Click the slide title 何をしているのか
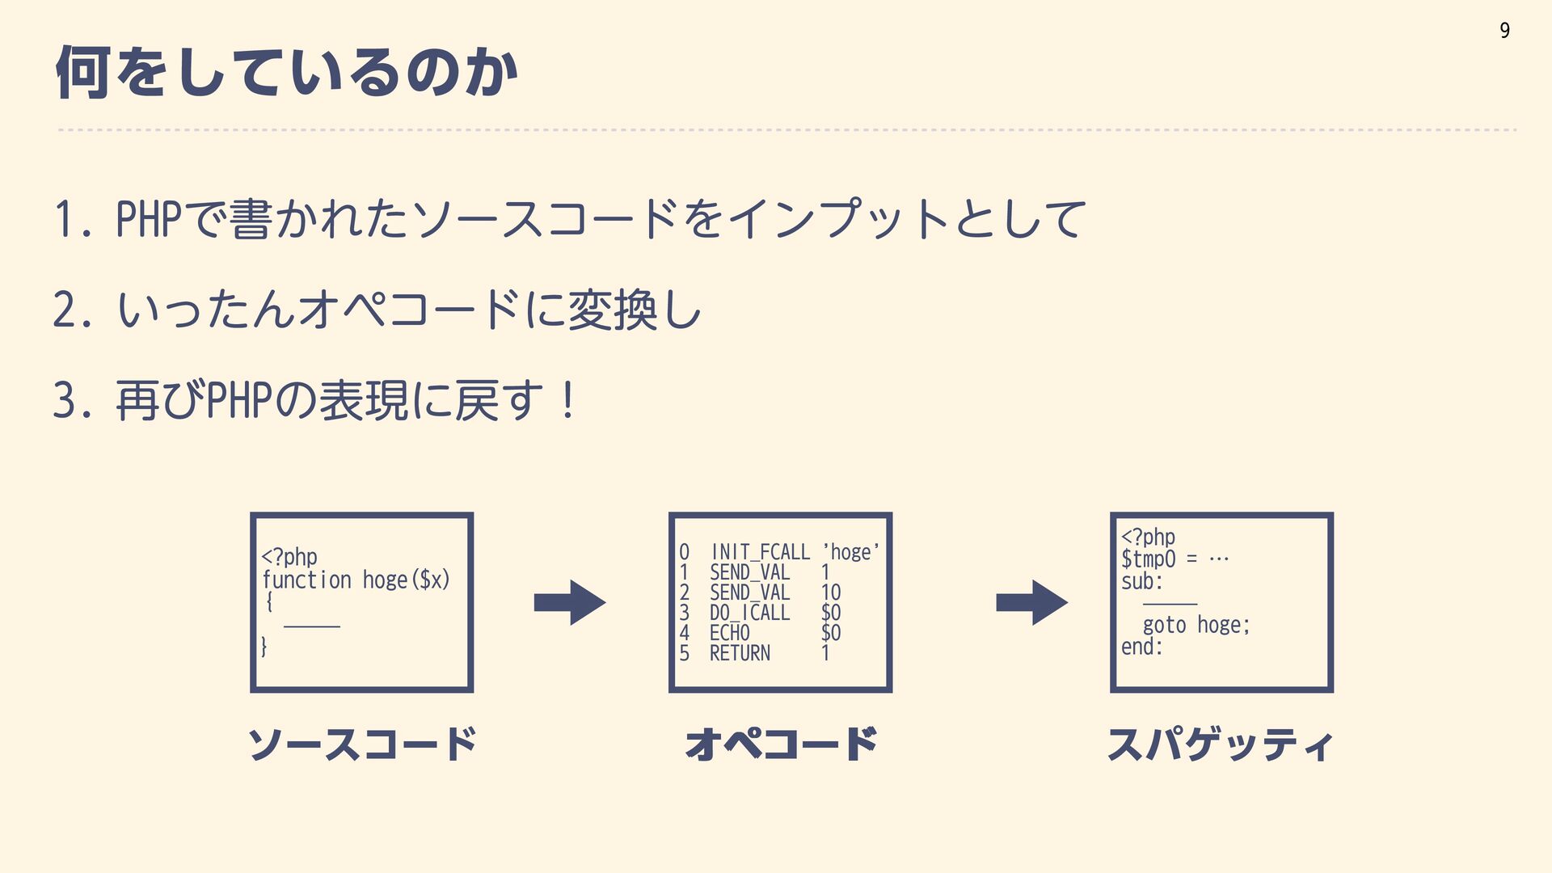pyautogui.click(x=287, y=73)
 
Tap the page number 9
pyautogui.click(x=1504, y=31)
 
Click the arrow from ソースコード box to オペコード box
pyautogui.click(x=570, y=602)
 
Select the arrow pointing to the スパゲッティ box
pyautogui.click(x=1032, y=602)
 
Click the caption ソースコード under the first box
pyautogui.click(x=361, y=744)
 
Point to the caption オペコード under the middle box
pyautogui.click(x=781, y=744)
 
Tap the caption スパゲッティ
pyautogui.click(x=1221, y=744)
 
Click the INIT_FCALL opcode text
pyautogui.click(x=760, y=552)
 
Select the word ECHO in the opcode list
pyautogui.click(x=729, y=633)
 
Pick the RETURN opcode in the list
pyautogui.click(x=740, y=653)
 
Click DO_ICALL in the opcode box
pyautogui.click(x=749, y=613)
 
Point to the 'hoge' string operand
pyautogui.click(x=851, y=552)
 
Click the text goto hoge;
pyautogui.click(x=1196, y=625)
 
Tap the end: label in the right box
pyautogui.click(x=1141, y=647)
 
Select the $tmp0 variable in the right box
pyautogui.click(x=1148, y=559)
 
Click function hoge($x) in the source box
pyautogui.click(x=356, y=580)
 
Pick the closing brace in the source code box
pyautogui.click(x=264, y=646)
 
